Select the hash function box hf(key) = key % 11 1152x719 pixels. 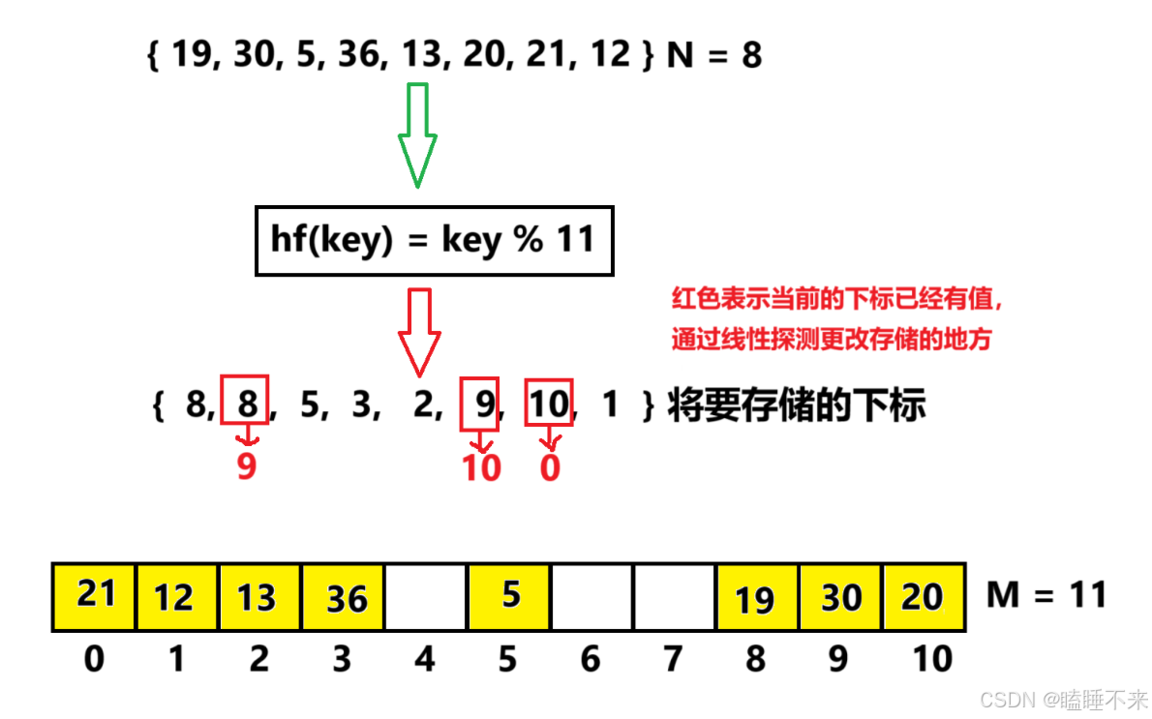(434, 240)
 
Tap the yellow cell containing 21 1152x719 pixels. (95, 596)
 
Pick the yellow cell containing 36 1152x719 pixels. (343, 596)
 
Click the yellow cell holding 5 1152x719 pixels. (509, 596)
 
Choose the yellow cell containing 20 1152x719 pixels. (924, 596)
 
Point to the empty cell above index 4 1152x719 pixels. (426, 596)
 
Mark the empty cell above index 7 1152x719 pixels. (675, 596)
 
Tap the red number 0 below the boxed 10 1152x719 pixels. (550, 468)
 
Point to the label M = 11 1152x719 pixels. (1046, 594)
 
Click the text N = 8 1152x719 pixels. (714, 55)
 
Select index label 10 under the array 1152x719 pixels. (932, 660)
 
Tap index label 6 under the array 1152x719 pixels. (591, 660)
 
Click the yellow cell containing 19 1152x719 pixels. (756, 596)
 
